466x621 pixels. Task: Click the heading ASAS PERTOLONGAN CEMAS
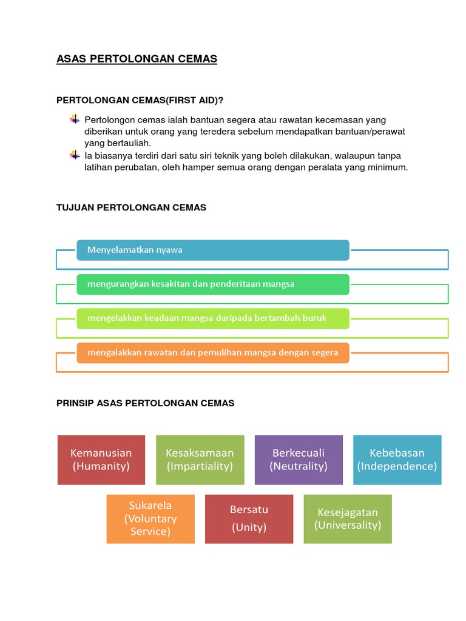[x=137, y=59]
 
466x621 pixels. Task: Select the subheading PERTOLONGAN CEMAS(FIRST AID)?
[x=144, y=99]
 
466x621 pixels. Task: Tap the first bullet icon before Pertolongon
[x=75, y=119]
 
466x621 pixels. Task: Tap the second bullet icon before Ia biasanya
[x=75, y=155]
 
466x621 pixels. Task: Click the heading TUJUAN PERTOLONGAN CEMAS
[x=131, y=207]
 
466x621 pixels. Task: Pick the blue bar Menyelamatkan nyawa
[x=212, y=250]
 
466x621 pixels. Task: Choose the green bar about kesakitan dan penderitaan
[x=212, y=284]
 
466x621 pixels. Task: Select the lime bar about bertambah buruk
[x=212, y=318]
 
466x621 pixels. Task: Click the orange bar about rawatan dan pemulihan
[x=212, y=352]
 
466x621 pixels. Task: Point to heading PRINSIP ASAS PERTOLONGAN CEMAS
[x=145, y=403]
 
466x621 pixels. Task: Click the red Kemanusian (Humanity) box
[x=101, y=460]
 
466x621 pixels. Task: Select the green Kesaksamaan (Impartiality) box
[x=200, y=460]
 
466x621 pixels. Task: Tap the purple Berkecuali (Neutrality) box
[x=299, y=460]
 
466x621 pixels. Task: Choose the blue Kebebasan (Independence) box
[x=397, y=460]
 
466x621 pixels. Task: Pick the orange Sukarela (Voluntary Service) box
[x=150, y=519]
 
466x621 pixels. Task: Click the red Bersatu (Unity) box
[x=249, y=519]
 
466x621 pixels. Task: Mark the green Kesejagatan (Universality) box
[x=348, y=519]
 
